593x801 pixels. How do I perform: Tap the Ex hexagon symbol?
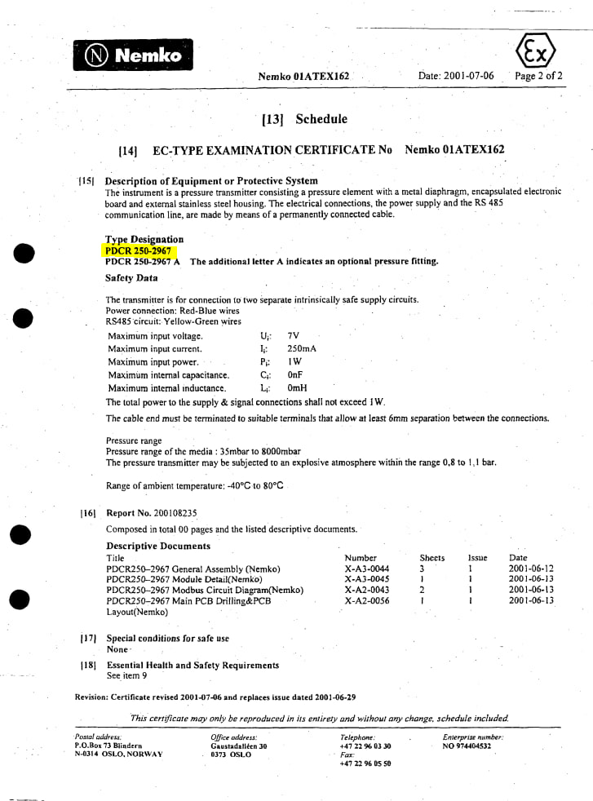tap(536, 53)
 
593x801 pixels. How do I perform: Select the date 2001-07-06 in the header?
tap(456, 76)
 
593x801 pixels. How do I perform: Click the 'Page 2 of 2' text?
tap(538, 76)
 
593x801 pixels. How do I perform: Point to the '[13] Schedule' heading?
tap(304, 119)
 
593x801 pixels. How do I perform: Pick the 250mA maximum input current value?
tap(302, 349)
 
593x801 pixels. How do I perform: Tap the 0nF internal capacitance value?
tap(295, 375)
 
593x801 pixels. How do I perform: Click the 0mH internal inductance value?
tap(297, 388)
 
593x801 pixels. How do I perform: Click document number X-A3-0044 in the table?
tap(367, 569)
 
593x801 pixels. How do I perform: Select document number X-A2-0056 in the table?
tap(367, 601)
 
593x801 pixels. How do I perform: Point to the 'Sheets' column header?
tap(431, 558)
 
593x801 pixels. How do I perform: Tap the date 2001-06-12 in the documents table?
tap(531, 569)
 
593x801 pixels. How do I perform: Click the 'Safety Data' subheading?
tap(131, 278)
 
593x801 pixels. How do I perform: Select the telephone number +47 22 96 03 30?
tap(365, 746)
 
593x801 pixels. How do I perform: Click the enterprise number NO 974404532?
tap(467, 746)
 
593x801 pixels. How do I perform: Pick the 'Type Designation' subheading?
tap(144, 239)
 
